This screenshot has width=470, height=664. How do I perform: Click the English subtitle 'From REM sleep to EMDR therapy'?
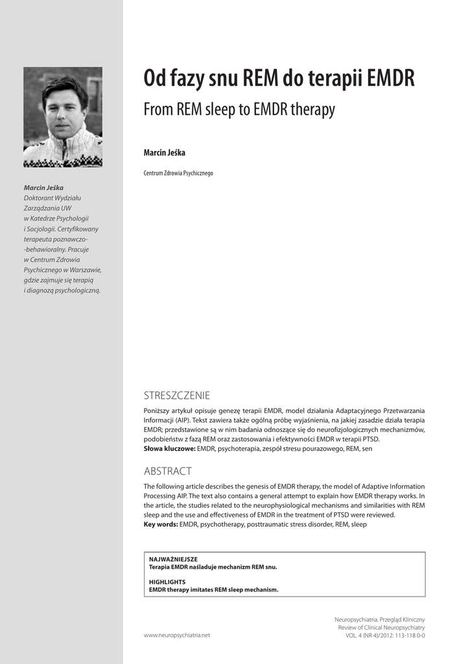(239, 110)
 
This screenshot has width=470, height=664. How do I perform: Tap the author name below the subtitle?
(164, 152)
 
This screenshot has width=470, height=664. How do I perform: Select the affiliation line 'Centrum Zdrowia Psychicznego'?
(178, 173)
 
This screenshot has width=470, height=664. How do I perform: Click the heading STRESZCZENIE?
(176, 396)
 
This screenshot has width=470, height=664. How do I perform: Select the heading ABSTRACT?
(167, 471)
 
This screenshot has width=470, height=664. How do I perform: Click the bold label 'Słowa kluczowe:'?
(169, 448)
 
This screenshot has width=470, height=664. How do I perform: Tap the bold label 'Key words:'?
(160, 524)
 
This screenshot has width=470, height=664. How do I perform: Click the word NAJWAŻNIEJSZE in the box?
(173, 559)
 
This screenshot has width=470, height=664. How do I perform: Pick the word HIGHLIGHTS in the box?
(167, 582)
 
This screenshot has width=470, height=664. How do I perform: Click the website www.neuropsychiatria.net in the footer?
(177, 635)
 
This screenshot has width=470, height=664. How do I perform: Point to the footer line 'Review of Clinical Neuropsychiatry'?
(381, 628)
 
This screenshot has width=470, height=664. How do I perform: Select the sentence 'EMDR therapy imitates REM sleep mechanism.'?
(213, 590)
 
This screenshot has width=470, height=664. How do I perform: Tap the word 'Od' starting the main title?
(155, 79)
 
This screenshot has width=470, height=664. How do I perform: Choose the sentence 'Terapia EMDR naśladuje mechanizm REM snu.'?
(213, 567)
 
